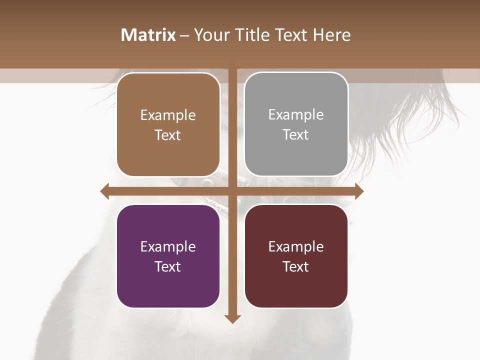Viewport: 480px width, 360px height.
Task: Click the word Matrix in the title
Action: point(148,35)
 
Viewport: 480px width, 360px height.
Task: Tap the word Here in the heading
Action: point(331,35)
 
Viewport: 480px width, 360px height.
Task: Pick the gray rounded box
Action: point(296,155)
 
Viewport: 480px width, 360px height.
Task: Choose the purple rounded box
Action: point(168,290)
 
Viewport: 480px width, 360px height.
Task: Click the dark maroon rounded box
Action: point(296,290)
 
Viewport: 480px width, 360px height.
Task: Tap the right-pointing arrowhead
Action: point(359,191)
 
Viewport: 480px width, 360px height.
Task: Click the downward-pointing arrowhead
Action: point(232,318)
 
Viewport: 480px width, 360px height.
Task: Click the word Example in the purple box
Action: point(168,246)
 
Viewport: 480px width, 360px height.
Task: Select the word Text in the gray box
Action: point(296,134)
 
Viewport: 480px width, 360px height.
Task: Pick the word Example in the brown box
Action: point(168,115)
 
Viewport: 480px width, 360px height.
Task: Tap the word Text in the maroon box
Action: point(296,266)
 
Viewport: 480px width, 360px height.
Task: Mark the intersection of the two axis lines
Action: point(232,191)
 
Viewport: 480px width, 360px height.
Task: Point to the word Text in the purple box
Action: point(168,266)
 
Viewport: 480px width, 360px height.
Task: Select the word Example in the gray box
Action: point(296,114)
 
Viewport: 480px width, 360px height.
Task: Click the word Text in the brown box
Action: point(168,135)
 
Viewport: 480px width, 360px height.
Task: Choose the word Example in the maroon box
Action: point(296,246)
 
